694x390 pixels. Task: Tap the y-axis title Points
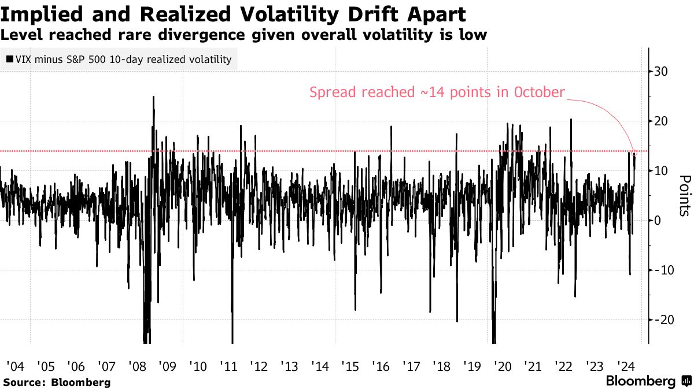683,195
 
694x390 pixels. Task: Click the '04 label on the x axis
14,366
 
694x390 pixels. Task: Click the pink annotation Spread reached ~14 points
437,92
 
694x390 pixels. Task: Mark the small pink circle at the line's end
635,153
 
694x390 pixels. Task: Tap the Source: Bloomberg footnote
57,382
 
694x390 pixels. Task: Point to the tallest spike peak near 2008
153,97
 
